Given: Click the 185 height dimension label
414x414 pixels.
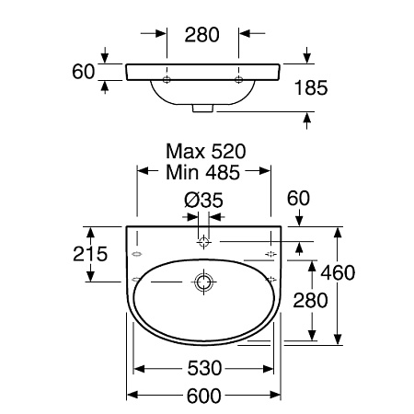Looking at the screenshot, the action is (311, 87).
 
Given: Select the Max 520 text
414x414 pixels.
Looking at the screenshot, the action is (206, 152).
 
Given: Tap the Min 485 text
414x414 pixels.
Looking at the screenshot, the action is (202, 172).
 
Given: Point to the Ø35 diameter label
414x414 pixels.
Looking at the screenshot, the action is (203, 201).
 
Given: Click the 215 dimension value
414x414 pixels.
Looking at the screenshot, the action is (90, 254).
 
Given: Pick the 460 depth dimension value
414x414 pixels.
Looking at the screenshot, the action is (338, 272).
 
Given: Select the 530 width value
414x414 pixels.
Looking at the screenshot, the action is (204, 368).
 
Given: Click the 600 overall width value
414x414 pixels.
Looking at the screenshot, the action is (204, 396).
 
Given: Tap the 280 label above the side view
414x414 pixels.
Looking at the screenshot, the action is (202, 35).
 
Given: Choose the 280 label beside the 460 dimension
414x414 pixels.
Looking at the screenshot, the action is (310, 300).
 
